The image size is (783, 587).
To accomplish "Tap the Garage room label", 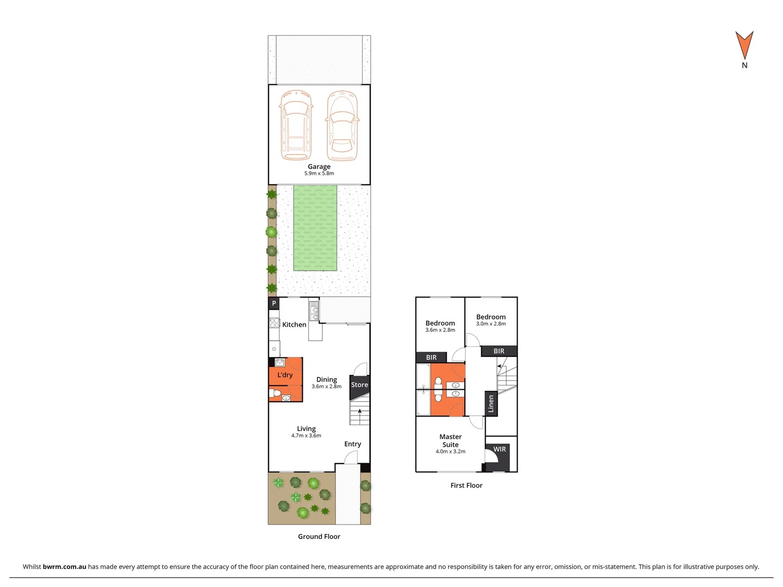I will (319, 167).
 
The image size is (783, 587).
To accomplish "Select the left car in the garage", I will (296, 124).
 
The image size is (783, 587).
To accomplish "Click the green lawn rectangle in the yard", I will (315, 228).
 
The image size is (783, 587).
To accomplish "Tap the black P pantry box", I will (274, 303).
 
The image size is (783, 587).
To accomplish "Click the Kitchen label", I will (294, 324).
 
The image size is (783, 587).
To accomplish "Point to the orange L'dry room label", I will (285, 375).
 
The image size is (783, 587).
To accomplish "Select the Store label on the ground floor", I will (359, 385).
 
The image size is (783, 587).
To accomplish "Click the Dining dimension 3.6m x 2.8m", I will (327, 386).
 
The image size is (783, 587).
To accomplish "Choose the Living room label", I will (306, 429).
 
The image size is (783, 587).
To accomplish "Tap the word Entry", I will (352, 444).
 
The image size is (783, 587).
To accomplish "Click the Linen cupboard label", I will (491, 403).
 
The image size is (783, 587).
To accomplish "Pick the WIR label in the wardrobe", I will (500, 449).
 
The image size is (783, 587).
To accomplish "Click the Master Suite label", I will (450, 440).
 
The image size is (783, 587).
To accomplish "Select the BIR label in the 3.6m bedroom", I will (431, 358).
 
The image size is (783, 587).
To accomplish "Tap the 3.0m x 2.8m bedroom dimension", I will (491, 324).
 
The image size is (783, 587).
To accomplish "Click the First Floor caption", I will (466, 485).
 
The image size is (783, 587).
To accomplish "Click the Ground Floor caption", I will (319, 536).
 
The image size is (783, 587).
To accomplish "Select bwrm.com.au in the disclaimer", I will (64, 566).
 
